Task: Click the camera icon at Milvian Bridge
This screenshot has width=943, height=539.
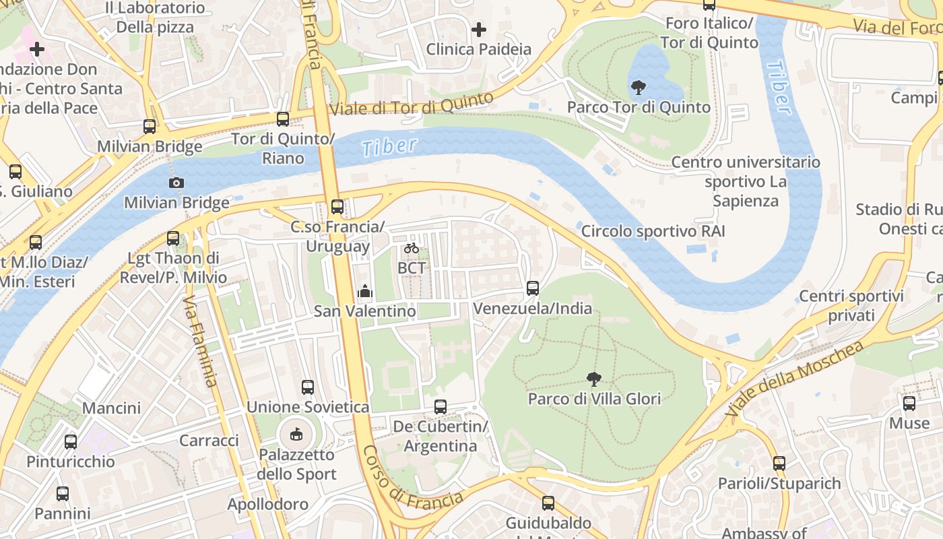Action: point(176,183)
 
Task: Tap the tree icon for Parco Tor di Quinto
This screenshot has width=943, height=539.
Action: point(638,87)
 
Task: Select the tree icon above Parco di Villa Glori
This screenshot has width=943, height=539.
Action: point(593,379)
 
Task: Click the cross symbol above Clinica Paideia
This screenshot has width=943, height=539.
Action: point(479,30)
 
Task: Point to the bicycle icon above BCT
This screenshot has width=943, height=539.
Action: point(412,248)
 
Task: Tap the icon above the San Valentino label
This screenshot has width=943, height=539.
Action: point(365,291)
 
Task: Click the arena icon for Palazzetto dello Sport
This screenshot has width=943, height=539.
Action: point(296,435)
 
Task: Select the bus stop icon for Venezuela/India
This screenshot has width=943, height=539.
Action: point(533,288)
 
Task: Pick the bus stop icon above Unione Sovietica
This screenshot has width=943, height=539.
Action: point(308,387)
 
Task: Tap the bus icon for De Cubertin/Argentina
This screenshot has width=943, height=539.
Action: point(441,407)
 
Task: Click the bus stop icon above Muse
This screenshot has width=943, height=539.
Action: point(909,404)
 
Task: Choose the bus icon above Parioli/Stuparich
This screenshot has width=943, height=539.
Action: point(779,464)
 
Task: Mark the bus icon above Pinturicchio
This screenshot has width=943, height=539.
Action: point(71,442)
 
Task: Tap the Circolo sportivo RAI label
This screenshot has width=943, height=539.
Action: point(653,231)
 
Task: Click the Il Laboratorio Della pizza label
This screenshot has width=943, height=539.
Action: point(155,18)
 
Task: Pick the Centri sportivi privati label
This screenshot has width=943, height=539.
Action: point(851,306)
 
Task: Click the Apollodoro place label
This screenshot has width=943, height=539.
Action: point(267,504)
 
